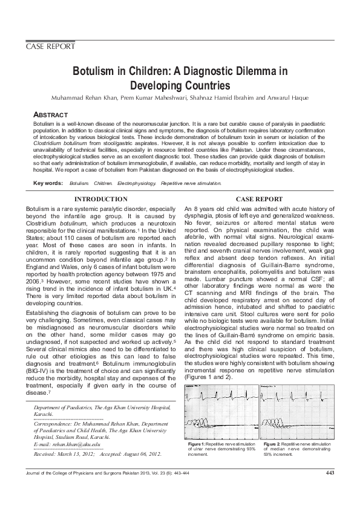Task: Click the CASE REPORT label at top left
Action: [x=50, y=47]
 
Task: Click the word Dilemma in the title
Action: [x=238, y=71]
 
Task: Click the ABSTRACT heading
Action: [x=50, y=115]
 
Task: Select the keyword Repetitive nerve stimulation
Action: [x=191, y=183]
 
